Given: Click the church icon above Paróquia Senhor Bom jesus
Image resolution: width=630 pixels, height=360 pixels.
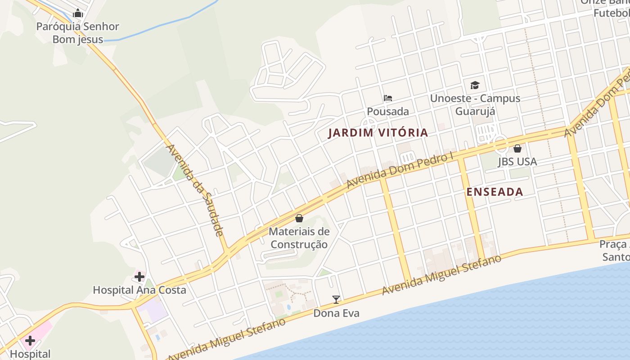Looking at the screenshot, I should (x=78, y=13).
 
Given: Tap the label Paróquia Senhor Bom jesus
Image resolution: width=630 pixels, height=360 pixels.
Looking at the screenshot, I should (x=77, y=33).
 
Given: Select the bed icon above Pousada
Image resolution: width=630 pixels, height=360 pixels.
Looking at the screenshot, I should (x=388, y=98).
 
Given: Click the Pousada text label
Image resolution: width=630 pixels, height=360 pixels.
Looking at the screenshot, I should (x=388, y=111).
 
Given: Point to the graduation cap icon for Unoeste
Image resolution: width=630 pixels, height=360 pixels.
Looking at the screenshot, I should (x=475, y=85).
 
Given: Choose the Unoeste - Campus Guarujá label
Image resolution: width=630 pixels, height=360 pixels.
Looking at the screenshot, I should (x=475, y=104).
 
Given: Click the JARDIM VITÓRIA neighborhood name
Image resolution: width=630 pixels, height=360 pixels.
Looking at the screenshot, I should (x=378, y=133).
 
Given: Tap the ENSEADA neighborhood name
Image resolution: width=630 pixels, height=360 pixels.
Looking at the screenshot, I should (x=495, y=192).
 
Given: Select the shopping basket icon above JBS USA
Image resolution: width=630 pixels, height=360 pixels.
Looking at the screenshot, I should (x=517, y=148).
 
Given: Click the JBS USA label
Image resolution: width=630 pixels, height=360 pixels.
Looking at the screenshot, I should (x=517, y=162).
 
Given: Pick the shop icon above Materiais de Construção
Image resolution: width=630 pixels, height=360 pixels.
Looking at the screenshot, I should (x=299, y=219).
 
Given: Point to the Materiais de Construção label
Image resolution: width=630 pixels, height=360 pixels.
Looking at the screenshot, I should (x=299, y=238).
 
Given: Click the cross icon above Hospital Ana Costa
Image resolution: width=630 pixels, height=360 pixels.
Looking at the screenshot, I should (x=139, y=277).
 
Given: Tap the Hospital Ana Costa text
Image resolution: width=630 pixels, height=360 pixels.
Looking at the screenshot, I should (x=139, y=290).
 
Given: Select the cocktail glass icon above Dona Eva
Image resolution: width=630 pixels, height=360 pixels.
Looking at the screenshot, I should (x=336, y=300).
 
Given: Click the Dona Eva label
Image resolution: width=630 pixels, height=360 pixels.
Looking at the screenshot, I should (x=336, y=313).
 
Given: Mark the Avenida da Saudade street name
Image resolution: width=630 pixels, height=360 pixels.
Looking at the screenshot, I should (x=195, y=190).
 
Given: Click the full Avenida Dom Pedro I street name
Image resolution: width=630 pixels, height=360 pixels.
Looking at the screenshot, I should (x=400, y=171).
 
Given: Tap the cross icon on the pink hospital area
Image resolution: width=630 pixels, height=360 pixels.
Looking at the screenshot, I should (x=30, y=340).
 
